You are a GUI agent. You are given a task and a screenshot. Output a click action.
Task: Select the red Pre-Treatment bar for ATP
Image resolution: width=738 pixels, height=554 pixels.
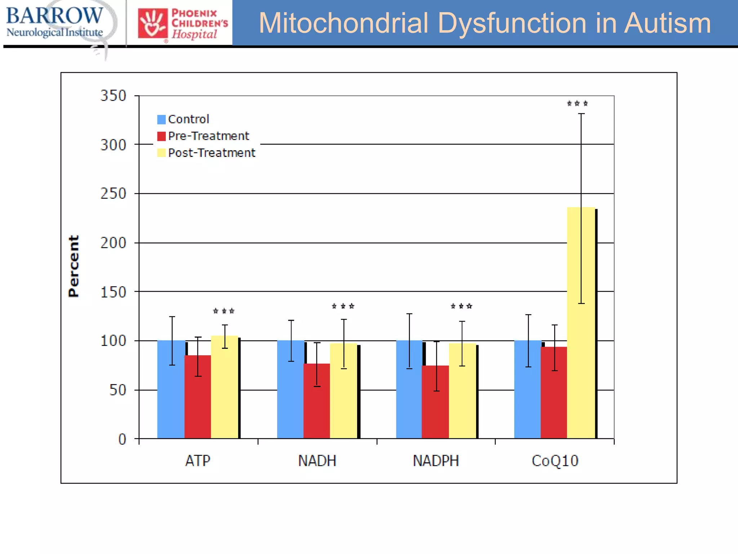coord(197,397)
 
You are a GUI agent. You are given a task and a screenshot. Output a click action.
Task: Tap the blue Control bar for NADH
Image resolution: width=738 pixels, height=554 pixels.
coord(290,390)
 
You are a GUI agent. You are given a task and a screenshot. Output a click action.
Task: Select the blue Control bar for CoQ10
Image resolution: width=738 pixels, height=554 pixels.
coord(528,390)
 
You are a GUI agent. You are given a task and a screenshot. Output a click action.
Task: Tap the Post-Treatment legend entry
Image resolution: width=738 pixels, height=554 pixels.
coord(206,153)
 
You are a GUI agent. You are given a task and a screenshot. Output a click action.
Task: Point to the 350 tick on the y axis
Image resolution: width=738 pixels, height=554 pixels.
coord(113,96)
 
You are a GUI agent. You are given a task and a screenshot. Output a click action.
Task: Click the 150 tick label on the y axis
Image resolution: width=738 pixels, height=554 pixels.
coord(113,292)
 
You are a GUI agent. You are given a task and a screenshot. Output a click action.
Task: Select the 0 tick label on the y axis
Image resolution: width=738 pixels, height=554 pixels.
coord(122,439)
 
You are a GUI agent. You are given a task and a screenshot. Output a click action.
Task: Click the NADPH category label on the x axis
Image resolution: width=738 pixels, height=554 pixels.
coord(436,461)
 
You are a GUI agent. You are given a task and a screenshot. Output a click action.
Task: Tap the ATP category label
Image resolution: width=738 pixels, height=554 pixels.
coord(197,461)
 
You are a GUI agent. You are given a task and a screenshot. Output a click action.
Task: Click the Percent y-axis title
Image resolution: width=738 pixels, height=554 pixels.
coord(74,266)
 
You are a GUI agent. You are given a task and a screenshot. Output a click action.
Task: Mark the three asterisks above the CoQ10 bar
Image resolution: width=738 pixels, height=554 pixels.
coord(577,104)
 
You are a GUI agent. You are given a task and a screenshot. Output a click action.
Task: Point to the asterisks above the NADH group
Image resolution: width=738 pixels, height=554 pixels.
coord(343,306)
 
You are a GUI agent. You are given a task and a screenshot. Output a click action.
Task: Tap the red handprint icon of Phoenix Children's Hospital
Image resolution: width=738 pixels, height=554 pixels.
coord(152,23)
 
